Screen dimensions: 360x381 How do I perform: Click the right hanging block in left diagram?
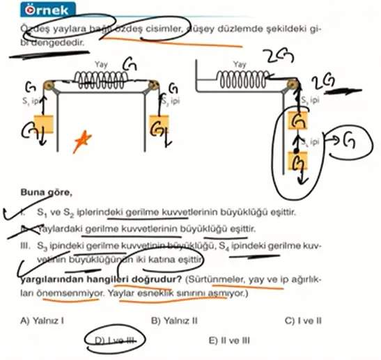pos(160,127)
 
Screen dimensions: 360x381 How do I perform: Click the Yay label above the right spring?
pos(240,64)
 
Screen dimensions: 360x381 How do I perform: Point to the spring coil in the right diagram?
pos(239,77)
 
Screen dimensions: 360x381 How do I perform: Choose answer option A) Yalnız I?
pos(43,321)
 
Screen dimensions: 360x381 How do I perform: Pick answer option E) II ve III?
pos(230,341)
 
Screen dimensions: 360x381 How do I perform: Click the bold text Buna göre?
pos(43,189)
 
